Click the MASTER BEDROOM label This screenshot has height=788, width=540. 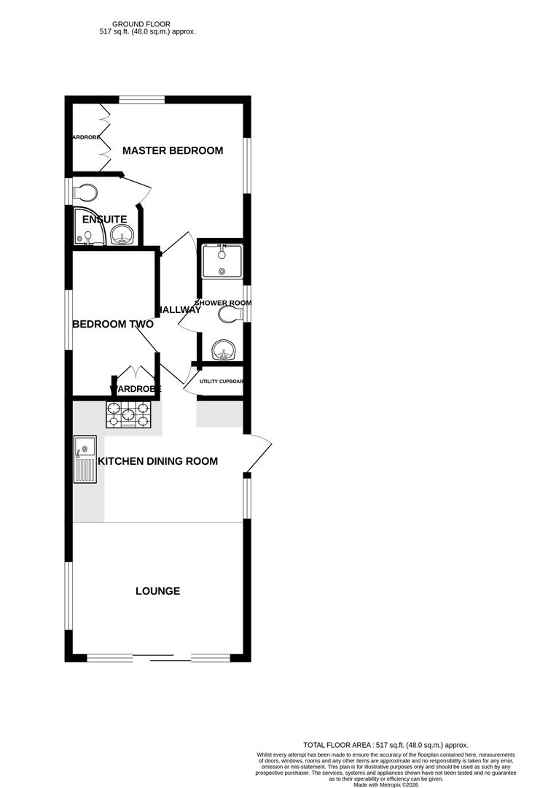pos(173,151)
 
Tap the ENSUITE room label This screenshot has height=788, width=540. pos(104,219)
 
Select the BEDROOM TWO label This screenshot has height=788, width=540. pos(112,324)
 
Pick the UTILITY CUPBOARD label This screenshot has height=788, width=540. pos(221,382)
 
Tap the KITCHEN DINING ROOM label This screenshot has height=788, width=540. pos(158,461)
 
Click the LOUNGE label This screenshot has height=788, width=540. pos(157,591)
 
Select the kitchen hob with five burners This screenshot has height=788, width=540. pos(130,416)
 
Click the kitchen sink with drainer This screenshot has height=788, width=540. pos(85,459)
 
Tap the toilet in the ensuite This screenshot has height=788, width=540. pos(86,193)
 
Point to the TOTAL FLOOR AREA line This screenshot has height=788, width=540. pos(386,745)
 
